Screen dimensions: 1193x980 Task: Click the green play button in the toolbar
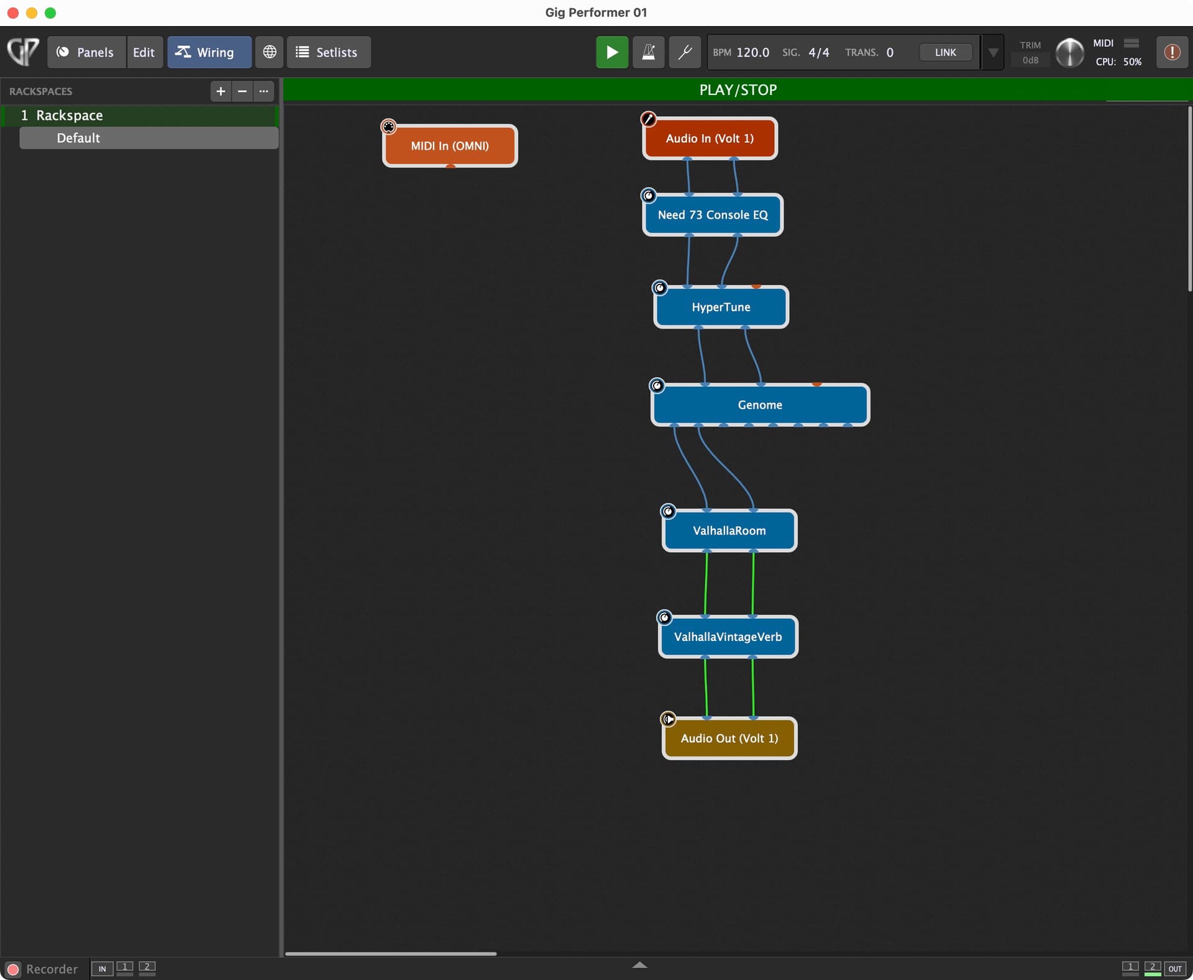point(611,52)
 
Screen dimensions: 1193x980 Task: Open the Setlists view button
point(328,52)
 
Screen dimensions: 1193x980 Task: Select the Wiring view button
point(209,52)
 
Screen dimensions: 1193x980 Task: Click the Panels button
point(86,52)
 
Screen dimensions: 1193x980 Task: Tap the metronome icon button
point(648,52)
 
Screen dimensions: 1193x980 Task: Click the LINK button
point(945,52)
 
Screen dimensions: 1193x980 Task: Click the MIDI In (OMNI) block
point(450,146)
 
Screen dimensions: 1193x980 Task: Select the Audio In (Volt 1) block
point(710,138)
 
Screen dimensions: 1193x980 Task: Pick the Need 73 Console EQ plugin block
point(713,215)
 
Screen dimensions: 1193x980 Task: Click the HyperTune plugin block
point(721,307)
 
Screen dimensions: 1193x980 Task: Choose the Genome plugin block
point(760,405)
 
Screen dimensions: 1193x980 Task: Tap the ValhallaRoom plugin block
point(729,530)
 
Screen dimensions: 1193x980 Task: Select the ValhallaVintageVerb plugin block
point(728,637)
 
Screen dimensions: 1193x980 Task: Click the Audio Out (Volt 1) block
point(729,738)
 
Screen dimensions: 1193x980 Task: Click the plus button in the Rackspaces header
point(221,91)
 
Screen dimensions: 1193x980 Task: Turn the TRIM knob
point(1069,53)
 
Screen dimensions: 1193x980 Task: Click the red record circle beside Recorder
point(12,969)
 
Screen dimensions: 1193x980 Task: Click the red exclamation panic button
point(1172,52)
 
